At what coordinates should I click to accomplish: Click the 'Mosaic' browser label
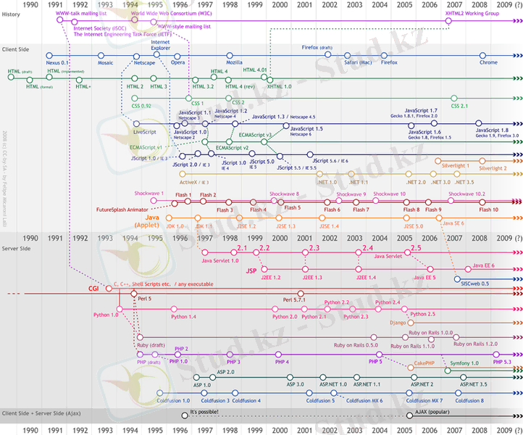[106, 63]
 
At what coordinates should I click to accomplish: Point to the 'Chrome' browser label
[488, 63]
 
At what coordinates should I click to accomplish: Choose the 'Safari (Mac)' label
[358, 63]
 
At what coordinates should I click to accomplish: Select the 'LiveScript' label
[146, 133]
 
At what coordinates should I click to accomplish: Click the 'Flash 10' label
[489, 210]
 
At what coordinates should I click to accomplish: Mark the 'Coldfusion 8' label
[470, 400]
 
